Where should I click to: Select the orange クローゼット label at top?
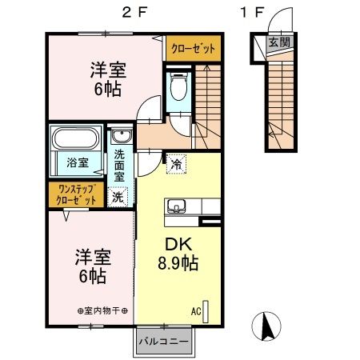(x=194, y=49)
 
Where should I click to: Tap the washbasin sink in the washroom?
(x=120, y=136)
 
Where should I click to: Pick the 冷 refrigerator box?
(x=175, y=163)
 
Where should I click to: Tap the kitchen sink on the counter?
(x=175, y=205)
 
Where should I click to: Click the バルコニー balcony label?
(x=163, y=342)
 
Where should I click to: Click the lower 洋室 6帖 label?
(x=93, y=266)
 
